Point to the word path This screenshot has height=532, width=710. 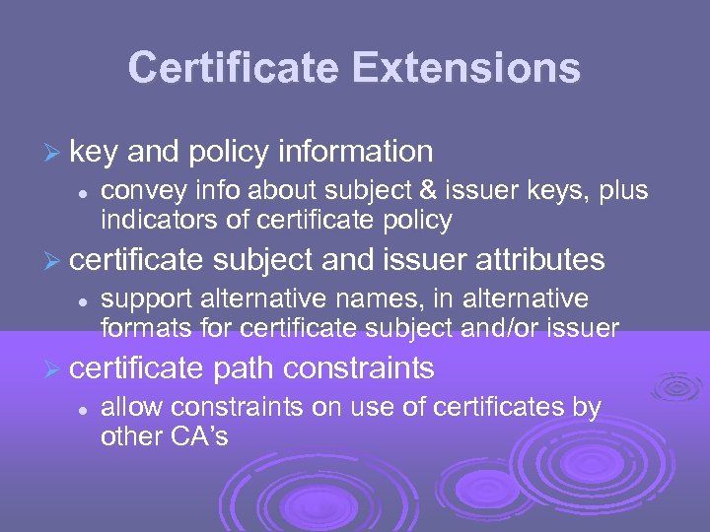pyautogui.click(x=245, y=368)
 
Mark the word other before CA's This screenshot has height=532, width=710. pyautogui.click(x=130, y=435)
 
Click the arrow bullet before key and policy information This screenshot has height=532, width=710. pyautogui.click(x=54, y=153)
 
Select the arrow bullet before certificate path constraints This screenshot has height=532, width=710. pyautogui.click(x=54, y=369)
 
